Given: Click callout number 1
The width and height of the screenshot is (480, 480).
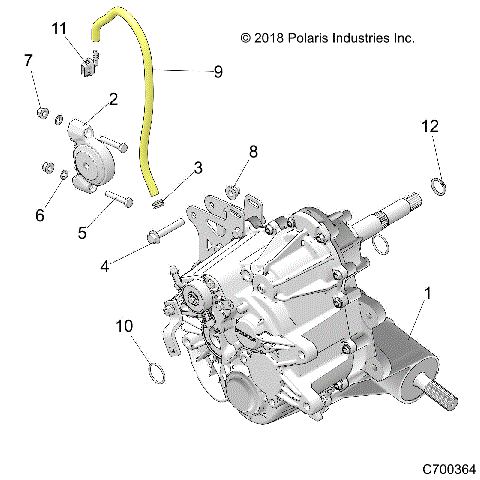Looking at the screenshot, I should click(x=430, y=295).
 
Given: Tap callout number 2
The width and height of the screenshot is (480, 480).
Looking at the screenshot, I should click(x=113, y=99).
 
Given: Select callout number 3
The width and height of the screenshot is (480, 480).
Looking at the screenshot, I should click(x=198, y=167).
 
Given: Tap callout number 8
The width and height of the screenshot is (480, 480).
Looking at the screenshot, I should click(x=253, y=151).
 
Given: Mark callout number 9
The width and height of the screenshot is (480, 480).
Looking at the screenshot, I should click(x=218, y=71).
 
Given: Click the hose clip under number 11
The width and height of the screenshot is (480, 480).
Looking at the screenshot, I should click(x=88, y=66).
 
